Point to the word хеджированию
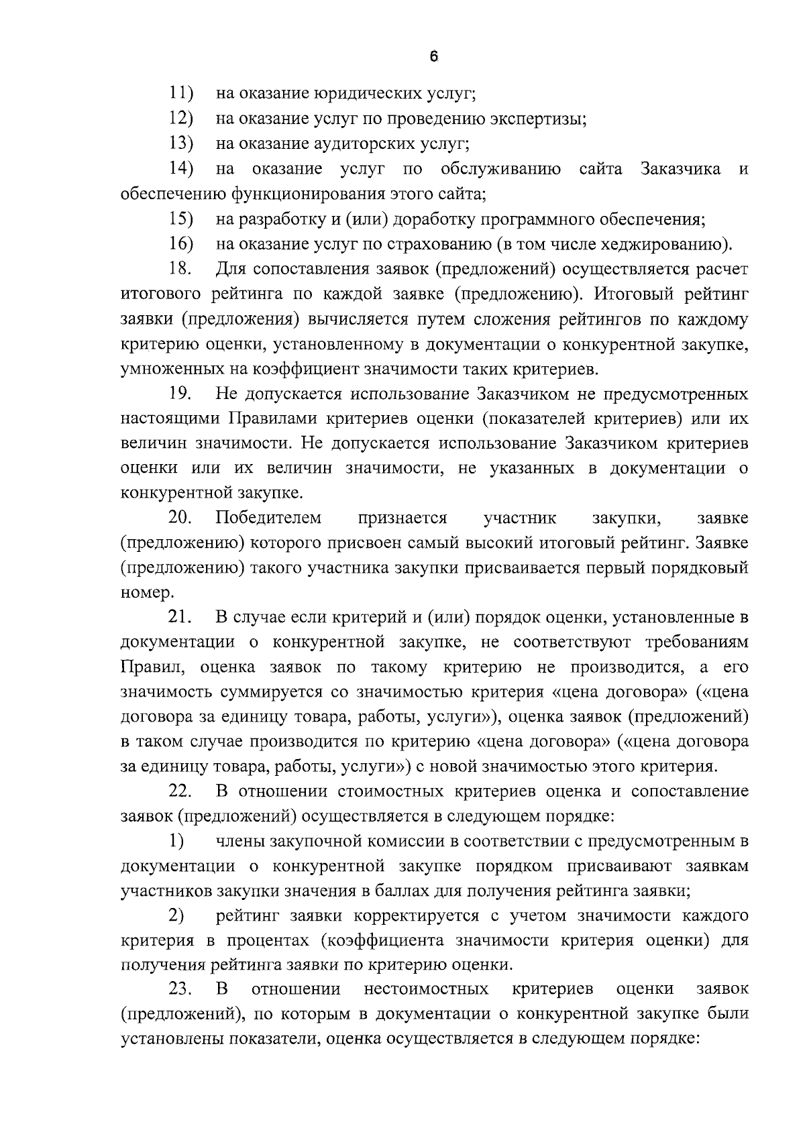(x=667, y=243)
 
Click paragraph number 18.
(x=180, y=269)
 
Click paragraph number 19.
(x=180, y=394)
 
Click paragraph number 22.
(x=180, y=791)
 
